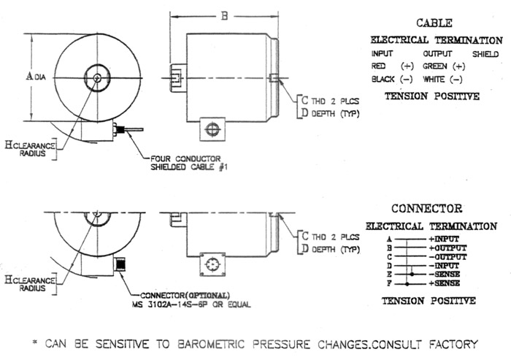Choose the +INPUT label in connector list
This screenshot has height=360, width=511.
click(445, 239)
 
